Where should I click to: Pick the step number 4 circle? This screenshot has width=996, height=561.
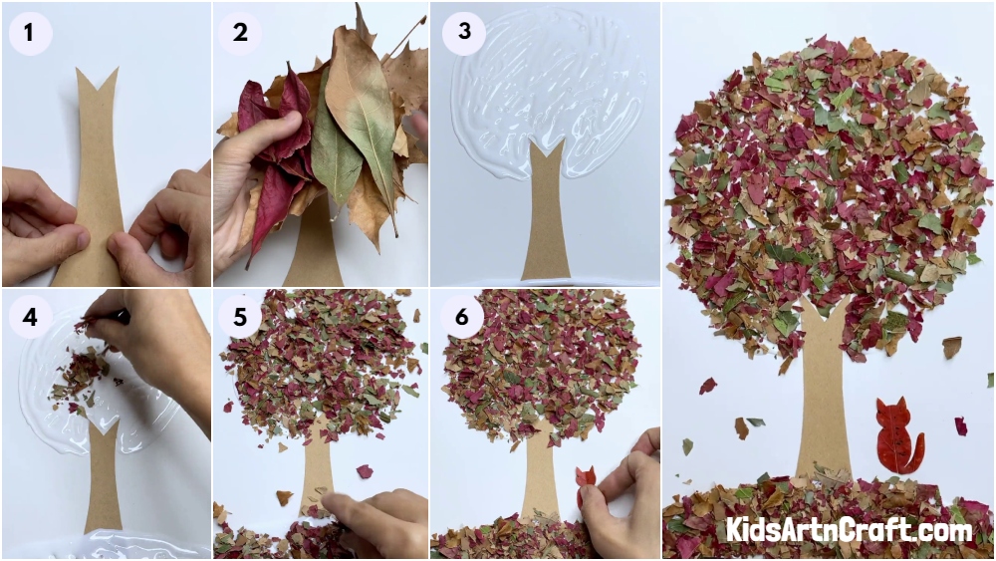30,317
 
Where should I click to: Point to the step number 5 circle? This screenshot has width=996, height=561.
239,317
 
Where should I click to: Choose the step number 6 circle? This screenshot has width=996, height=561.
462,317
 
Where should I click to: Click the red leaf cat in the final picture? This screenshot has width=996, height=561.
897,435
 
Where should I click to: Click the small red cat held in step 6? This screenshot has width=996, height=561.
585,483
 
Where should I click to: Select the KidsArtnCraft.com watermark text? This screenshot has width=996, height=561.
850,529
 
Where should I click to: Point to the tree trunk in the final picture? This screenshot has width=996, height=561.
823,394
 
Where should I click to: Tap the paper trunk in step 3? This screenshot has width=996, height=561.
546,209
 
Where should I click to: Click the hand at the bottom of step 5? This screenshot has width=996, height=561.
374,523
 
